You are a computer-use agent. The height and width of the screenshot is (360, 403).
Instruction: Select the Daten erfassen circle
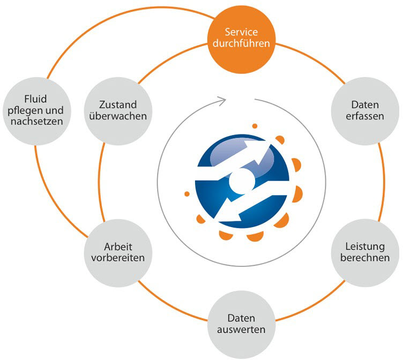(x=361, y=109)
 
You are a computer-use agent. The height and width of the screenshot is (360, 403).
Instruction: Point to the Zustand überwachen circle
(x=116, y=109)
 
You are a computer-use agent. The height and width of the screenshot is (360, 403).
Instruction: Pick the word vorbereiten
(x=116, y=258)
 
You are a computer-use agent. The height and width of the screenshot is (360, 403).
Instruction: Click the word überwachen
(x=116, y=116)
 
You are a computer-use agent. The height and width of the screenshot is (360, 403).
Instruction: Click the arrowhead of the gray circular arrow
(x=221, y=99)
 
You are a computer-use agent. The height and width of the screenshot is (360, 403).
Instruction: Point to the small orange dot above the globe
(x=255, y=126)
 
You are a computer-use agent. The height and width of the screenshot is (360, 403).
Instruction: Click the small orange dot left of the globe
(x=186, y=193)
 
